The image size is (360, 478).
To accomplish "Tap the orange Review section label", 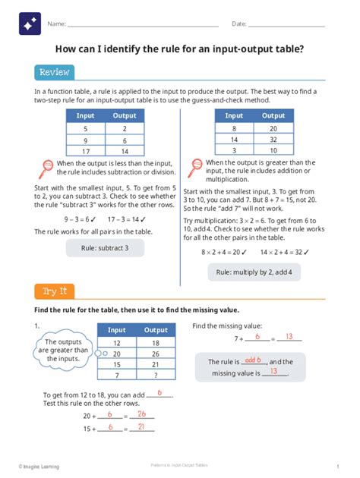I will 54,72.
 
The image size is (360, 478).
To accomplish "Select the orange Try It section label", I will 54,291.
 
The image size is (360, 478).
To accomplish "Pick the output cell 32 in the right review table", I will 273,140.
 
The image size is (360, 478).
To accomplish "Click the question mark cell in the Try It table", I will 156,375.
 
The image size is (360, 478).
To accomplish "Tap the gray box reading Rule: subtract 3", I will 105,247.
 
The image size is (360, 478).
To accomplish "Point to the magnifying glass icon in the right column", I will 195,166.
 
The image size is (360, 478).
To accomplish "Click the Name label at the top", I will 55,24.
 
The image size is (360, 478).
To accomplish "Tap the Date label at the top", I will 238,24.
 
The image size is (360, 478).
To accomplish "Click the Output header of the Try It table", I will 156,330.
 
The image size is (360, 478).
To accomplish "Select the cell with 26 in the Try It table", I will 156,353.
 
